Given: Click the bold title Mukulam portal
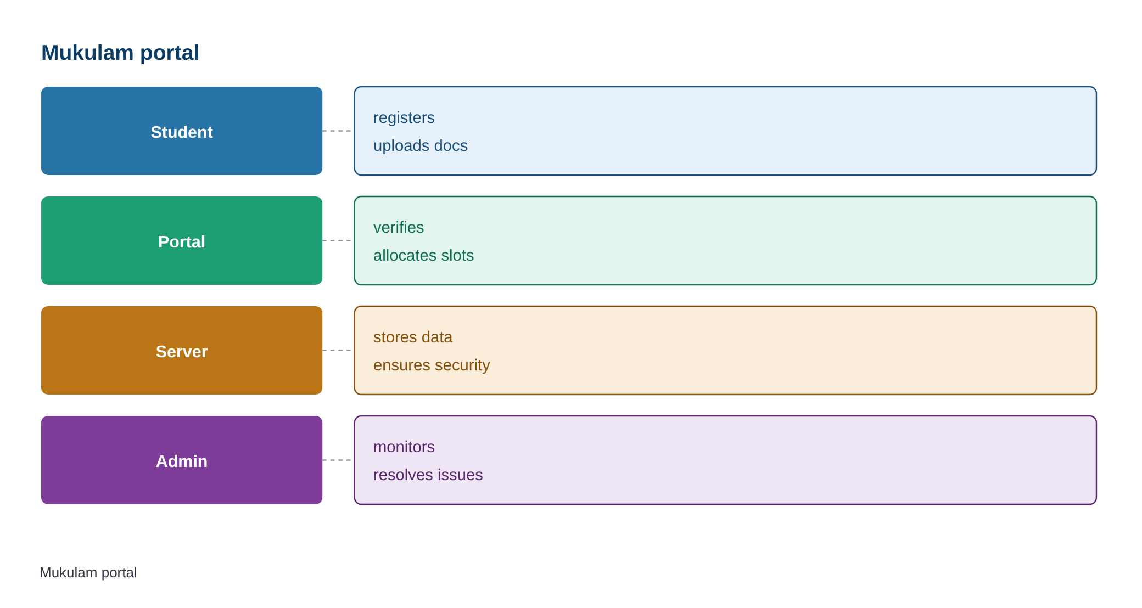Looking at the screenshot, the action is tap(120, 53).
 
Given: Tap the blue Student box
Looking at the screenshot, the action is tap(182, 131).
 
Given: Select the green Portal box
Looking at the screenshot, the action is tap(182, 240).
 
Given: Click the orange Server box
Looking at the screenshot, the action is tap(182, 350).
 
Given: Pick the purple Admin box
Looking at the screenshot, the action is tap(182, 460).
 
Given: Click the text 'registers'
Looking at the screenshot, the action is tap(404, 118).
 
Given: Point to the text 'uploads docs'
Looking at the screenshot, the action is tap(420, 145).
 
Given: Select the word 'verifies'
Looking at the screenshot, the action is tap(398, 227).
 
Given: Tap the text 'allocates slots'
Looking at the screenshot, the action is tap(423, 255).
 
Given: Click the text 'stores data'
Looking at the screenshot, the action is tap(412, 337).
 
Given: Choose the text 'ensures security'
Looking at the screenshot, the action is tap(432, 365).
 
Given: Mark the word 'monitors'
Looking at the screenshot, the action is tap(404, 447).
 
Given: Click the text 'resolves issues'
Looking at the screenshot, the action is tap(428, 475).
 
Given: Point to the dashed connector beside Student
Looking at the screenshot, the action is tap(338, 131).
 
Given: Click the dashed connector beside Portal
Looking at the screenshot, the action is tap(338, 240).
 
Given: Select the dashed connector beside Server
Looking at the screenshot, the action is tap(338, 350).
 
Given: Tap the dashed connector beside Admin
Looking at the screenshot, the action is tap(338, 460).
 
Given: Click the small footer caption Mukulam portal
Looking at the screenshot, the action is tap(88, 573).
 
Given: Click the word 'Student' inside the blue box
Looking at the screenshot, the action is tap(182, 132).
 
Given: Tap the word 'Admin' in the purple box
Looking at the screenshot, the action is tap(182, 461).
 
